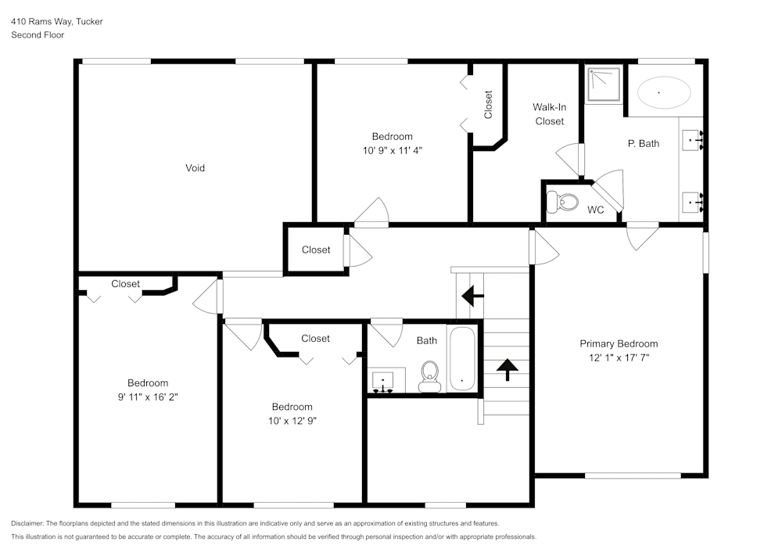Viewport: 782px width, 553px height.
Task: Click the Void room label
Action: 195,167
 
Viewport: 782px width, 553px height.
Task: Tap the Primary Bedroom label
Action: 618,343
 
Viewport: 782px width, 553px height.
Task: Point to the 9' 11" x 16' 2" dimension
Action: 148,397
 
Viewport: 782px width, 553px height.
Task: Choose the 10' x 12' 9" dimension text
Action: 292,420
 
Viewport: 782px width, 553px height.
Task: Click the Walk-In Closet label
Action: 549,114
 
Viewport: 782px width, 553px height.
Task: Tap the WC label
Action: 595,210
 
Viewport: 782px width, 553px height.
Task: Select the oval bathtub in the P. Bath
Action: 664,93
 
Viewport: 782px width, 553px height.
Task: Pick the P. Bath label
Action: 643,143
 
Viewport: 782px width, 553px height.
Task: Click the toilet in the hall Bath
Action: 429,375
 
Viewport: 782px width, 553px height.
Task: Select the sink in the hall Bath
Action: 384,381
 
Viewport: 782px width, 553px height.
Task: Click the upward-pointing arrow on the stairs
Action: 507,368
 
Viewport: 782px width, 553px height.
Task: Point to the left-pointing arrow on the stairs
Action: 472,296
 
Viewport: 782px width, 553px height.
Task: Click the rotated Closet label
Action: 488,105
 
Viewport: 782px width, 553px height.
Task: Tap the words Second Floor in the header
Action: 38,35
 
